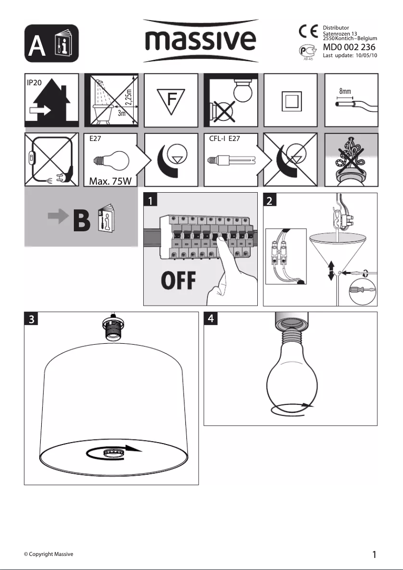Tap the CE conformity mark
point(306,31)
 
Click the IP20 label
point(34,82)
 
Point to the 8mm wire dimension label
point(345,92)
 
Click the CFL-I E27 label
point(226,139)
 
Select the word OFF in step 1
point(178,281)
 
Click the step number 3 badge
point(31,319)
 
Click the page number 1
point(374,554)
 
